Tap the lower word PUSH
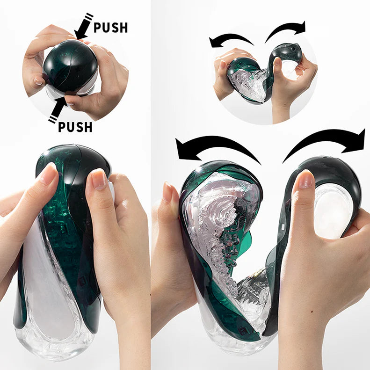pos(76,127)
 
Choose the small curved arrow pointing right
pos(286,29)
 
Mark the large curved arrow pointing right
pos(327,143)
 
